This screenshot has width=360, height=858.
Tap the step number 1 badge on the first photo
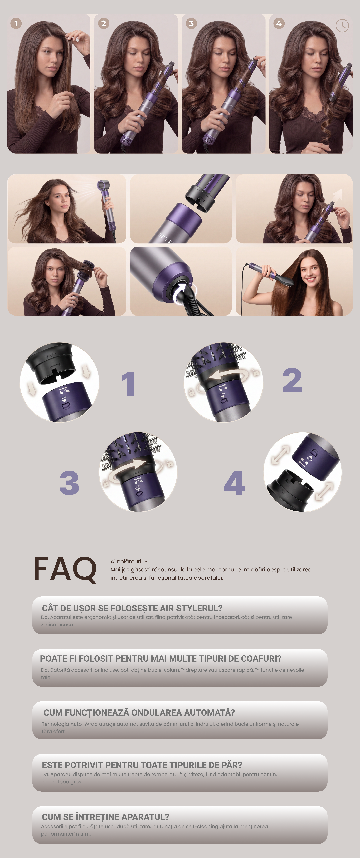coord(16,23)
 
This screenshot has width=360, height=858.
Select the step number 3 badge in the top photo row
coord(191,23)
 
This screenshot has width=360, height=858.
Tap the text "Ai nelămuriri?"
coord(129,561)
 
